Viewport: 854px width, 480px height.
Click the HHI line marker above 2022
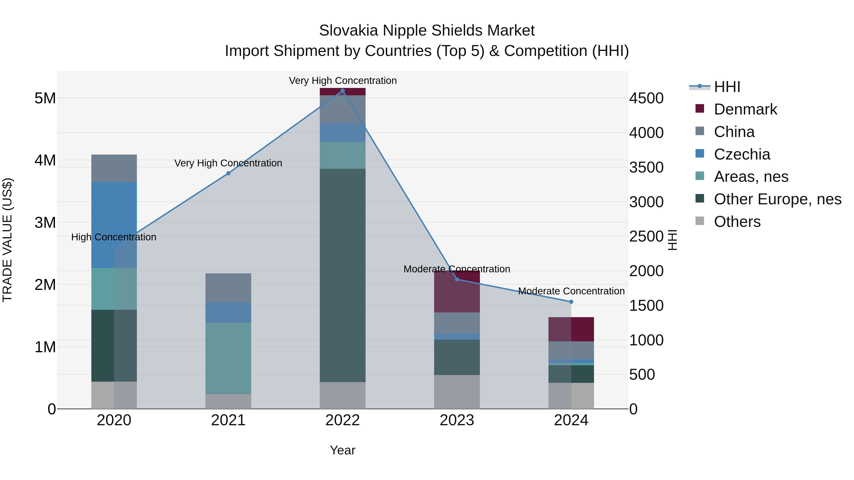(x=343, y=91)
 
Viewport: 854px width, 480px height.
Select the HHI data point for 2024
(x=571, y=302)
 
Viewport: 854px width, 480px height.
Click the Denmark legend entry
(x=745, y=109)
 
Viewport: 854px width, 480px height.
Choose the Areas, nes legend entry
(x=751, y=177)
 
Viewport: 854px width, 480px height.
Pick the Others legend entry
(x=737, y=222)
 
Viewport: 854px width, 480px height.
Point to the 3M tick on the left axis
(x=45, y=223)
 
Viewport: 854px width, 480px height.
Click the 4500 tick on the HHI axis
(x=646, y=98)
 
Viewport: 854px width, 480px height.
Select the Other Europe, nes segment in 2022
(x=343, y=275)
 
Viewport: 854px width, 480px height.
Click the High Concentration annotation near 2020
(x=114, y=237)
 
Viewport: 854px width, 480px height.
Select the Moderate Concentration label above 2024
(x=571, y=291)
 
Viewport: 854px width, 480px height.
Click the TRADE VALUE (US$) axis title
(x=7, y=240)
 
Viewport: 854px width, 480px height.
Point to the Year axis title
(x=343, y=450)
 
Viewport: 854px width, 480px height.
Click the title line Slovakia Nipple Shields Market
(x=427, y=31)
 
